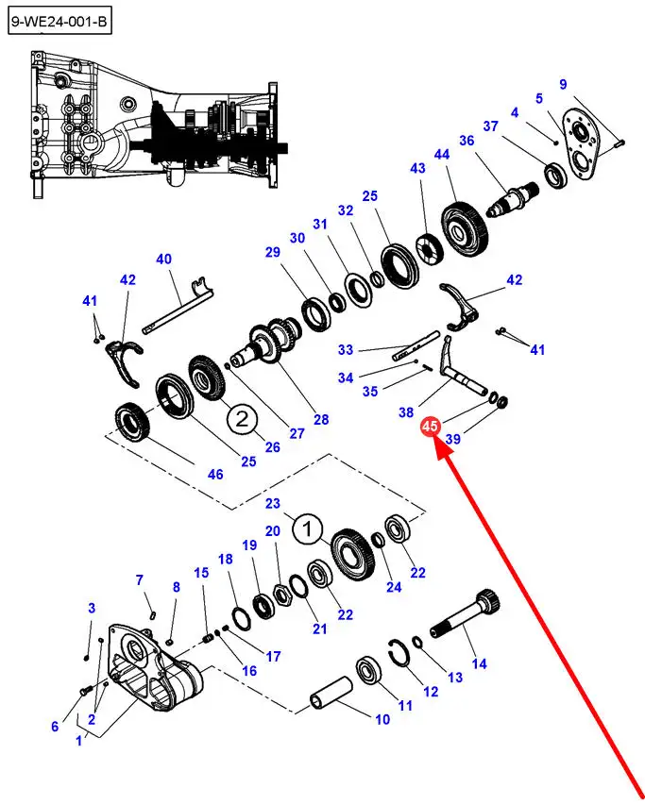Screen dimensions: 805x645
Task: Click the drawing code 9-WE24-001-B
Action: click(x=60, y=18)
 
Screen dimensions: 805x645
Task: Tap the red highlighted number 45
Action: click(x=431, y=428)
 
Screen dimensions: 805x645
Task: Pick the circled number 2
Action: click(x=241, y=418)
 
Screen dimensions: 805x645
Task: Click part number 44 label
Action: click(x=442, y=153)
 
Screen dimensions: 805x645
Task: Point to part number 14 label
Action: click(x=479, y=663)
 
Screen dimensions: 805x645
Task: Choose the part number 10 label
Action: click(x=382, y=719)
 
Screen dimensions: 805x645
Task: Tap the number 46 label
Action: click(x=215, y=474)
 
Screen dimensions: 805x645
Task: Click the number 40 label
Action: click(x=163, y=259)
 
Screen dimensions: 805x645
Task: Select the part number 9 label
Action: click(x=563, y=84)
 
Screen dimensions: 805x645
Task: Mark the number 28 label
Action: click(x=321, y=419)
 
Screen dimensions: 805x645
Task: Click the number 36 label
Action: click(x=466, y=141)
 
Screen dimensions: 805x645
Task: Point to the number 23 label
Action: click(x=274, y=504)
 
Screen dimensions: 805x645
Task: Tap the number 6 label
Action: click(x=55, y=726)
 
